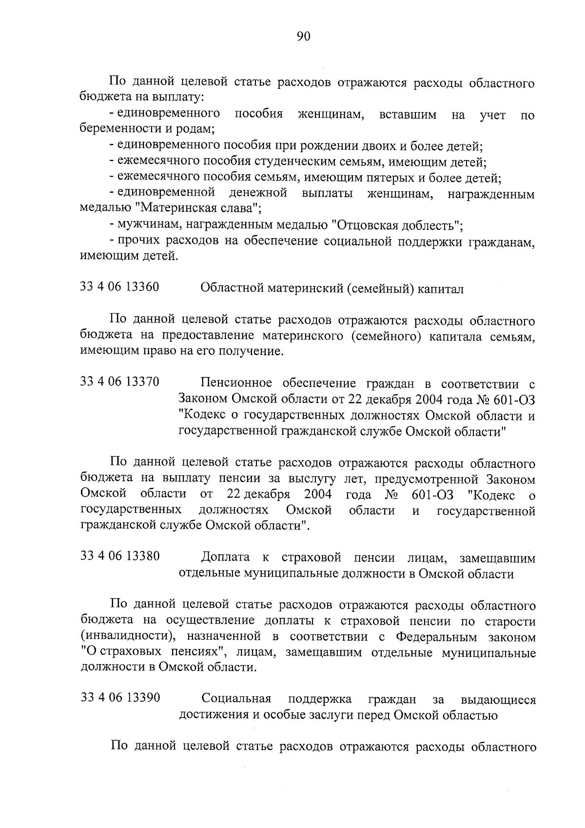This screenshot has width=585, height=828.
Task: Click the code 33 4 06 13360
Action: [119, 287]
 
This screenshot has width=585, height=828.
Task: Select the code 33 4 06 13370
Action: [119, 382]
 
